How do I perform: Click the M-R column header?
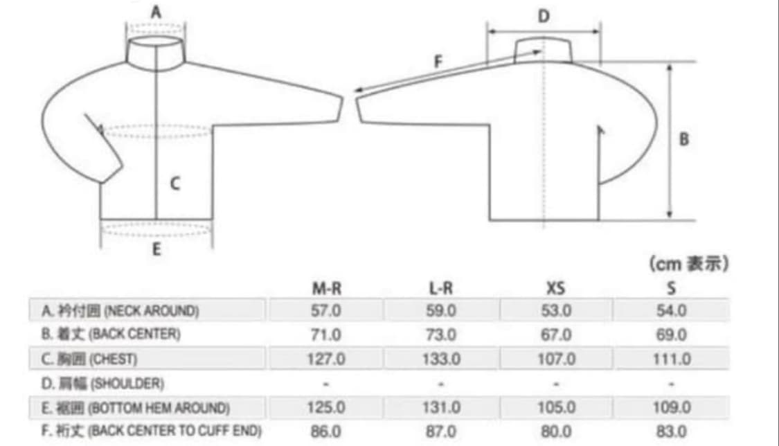tap(326, 288)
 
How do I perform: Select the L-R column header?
tap(440, 288)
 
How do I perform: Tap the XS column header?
tap(556, 288)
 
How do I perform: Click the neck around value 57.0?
tap(326, 311)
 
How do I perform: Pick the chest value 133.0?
tap(441, 359)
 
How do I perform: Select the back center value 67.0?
tap(556, 334)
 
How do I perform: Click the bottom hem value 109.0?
tap(671, 407)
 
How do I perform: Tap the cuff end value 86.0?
tap(326, 431)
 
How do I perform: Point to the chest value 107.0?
tap(556, 359)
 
